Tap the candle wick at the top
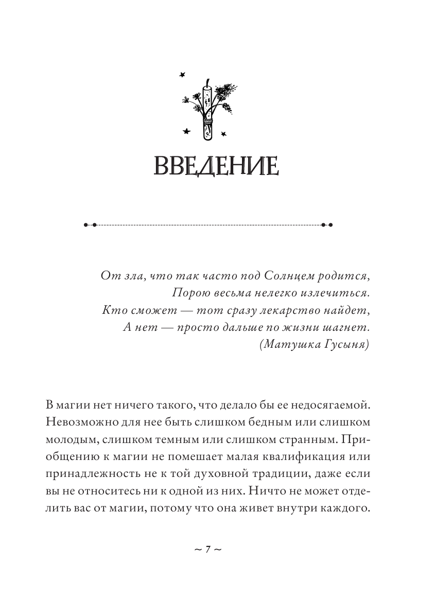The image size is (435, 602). [x=207, y=82]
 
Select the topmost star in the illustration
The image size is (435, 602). [x=181, y=75]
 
